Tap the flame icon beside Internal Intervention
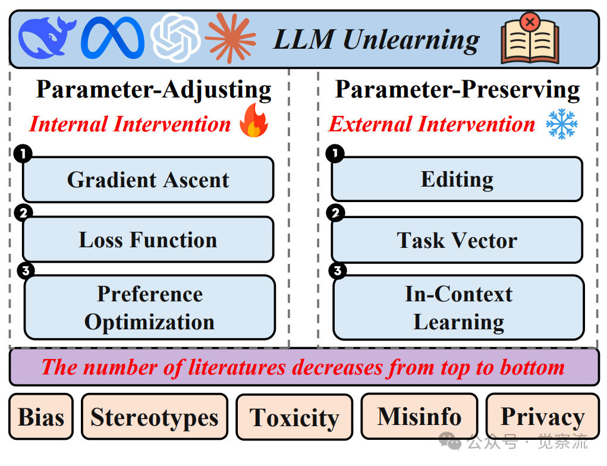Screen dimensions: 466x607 coord(254,121)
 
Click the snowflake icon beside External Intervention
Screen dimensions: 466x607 coord(561,124)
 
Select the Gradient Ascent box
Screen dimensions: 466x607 coord(148,180)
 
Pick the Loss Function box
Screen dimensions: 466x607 coord(148,240)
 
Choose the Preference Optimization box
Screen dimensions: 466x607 coord(149,307)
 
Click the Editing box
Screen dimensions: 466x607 coord(457,179)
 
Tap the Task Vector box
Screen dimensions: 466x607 coord(457,240)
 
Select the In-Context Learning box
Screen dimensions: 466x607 coord(458,307)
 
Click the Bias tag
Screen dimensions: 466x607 coord(41,417)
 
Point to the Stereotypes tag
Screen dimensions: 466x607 coord(155,417)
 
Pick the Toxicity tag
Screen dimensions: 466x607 coord(294,417)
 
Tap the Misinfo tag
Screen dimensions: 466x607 coord(419,416)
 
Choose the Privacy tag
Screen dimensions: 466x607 coord(542,417)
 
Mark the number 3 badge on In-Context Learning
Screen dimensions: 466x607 coord(337,272)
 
